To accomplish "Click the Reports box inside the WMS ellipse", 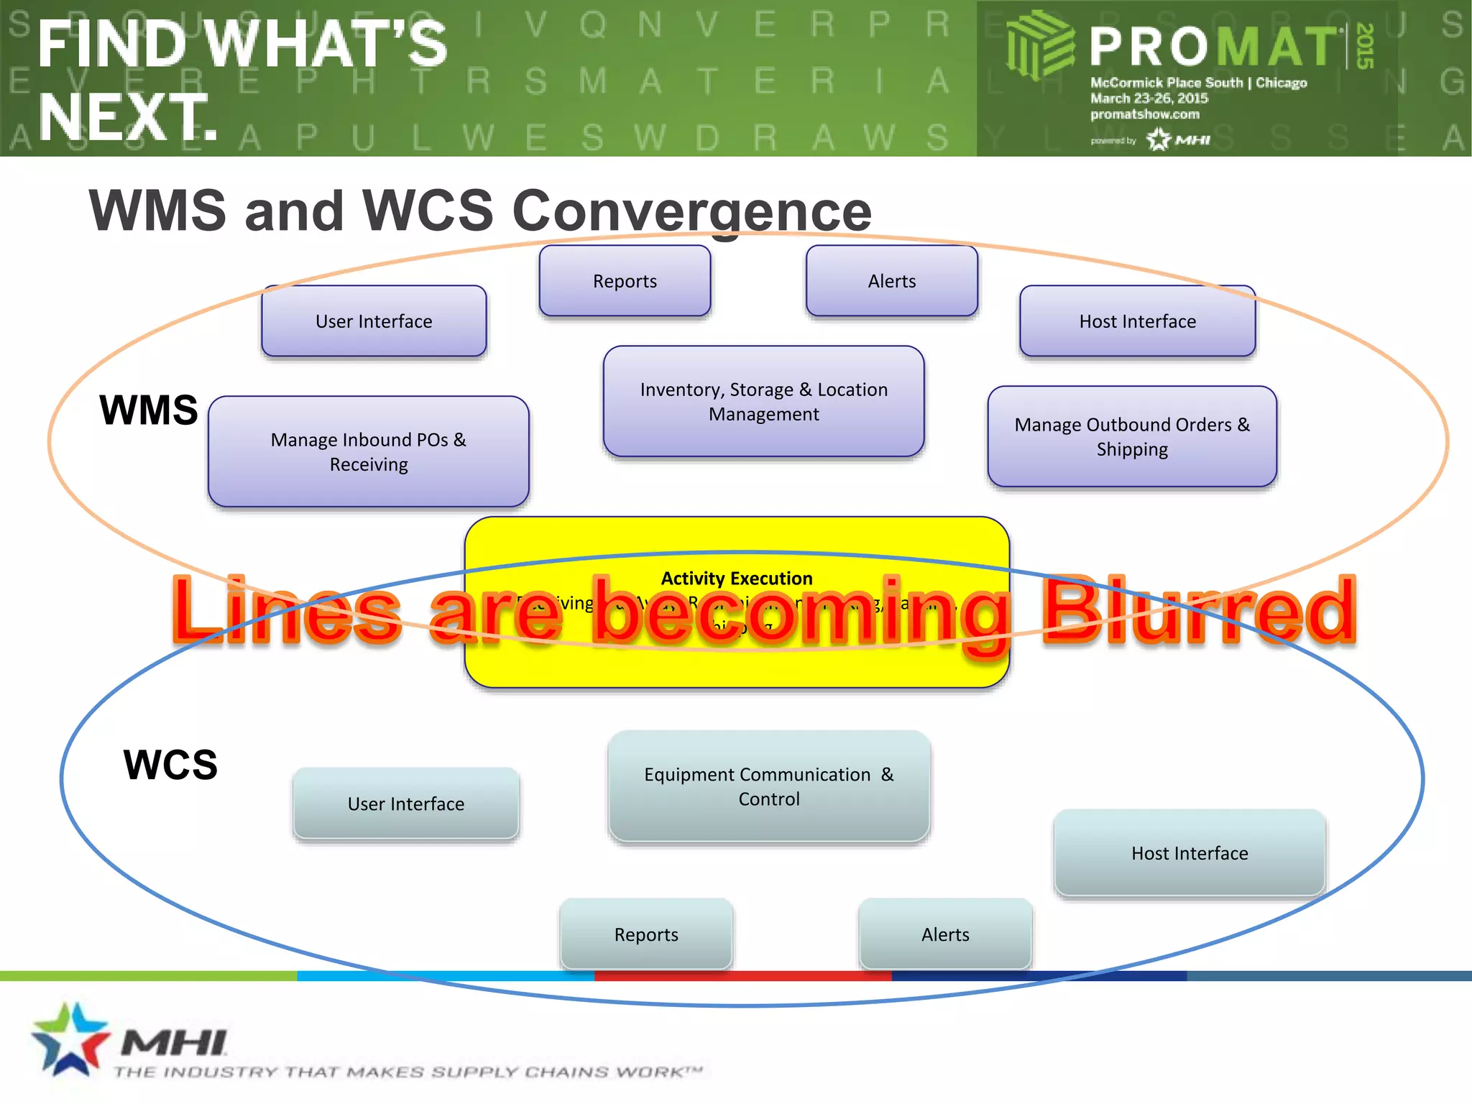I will point(625,281).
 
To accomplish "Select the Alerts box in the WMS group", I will point(891,281).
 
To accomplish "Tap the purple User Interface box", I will point(374,321).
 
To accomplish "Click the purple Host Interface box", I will point(1137,321).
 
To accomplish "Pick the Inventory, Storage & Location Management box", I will point(763,401).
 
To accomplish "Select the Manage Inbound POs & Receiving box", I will point(368,451).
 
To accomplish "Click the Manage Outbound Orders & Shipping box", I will point(1132,436).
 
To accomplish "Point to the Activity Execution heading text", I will point(737,579).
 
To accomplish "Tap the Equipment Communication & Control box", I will point(768,786).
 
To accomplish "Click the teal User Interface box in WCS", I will point(406,804).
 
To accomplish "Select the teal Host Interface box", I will point(1190,853).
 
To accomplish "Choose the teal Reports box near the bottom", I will point(646,934).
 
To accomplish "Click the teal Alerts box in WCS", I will point(945,934).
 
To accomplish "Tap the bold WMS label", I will point(149,410).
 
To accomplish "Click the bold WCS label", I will point(170,765).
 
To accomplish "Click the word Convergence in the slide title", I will point(691,211).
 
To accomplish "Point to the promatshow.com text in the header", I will point(1144,114).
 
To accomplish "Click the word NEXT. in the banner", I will point(128,116).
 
